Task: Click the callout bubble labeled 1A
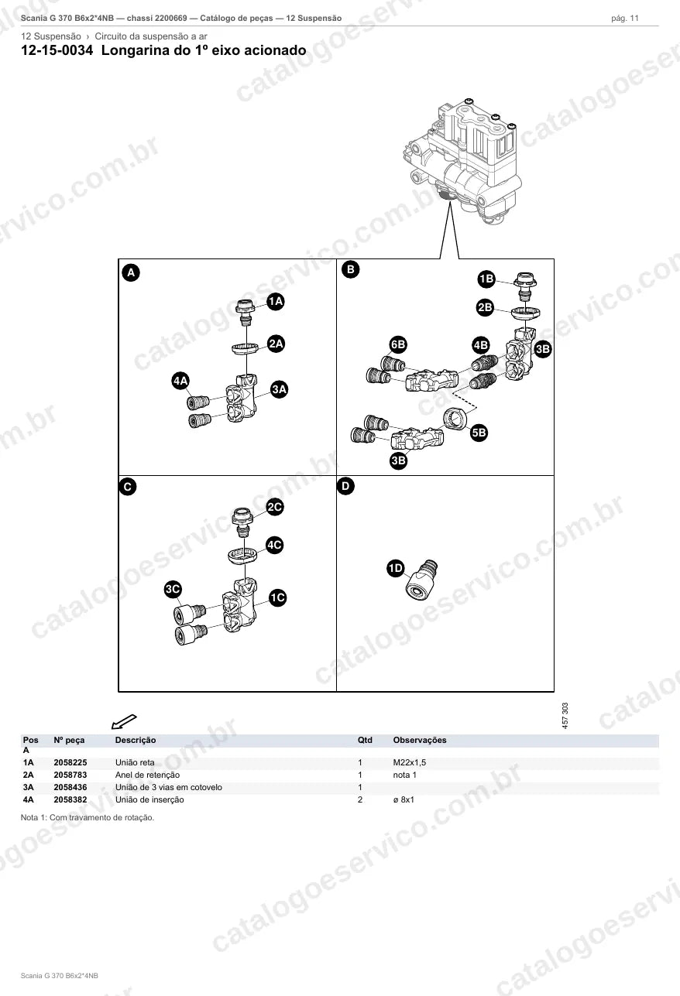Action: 276,302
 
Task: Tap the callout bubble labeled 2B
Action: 485,307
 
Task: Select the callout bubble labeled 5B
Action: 479,433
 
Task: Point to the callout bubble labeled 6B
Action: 398,344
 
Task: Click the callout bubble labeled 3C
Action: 173,589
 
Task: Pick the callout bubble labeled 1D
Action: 396,568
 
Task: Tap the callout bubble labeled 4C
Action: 275,545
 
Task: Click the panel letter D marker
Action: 345,486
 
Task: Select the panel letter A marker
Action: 131,272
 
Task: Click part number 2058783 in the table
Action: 70,775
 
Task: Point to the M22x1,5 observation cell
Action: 410,762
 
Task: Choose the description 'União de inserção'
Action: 149,799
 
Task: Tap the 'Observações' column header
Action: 420,740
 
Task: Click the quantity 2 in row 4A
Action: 360,799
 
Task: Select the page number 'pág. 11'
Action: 625,19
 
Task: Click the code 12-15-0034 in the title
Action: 57,50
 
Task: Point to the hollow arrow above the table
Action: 124,721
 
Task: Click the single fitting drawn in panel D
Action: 421,579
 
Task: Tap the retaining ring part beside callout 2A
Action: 246,347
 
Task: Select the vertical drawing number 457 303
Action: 565,715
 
